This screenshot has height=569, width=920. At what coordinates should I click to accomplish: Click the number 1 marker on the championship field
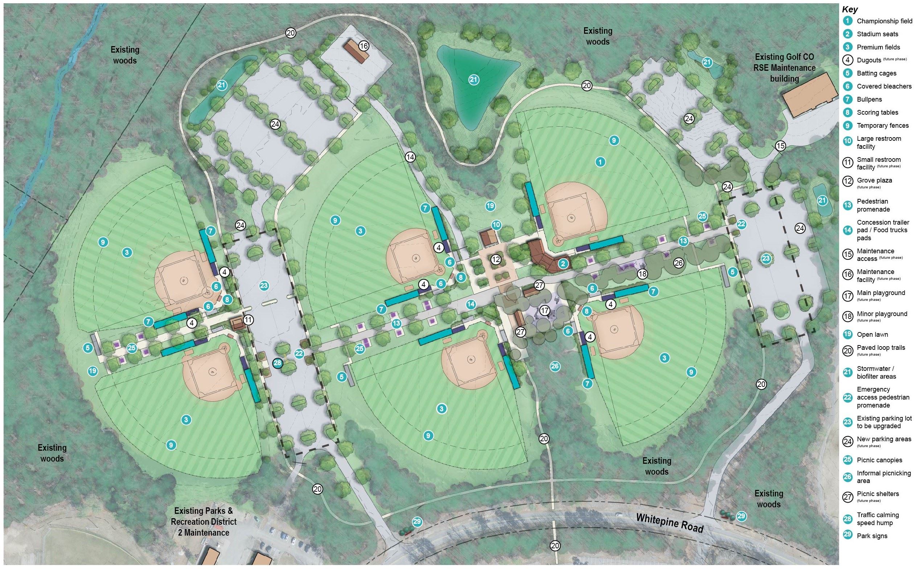click(x=600, y=162)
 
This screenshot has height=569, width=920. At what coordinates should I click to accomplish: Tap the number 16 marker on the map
click(x=364, y=46)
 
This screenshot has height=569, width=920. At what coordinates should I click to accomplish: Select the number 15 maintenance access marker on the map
click(x=780, y=146)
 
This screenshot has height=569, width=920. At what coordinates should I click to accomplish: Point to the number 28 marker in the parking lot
click(x=278, y=363)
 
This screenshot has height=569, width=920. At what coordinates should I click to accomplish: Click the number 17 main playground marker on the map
click(x=545, y=311)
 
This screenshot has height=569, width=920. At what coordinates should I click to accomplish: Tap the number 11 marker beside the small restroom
click(x=248, y=320)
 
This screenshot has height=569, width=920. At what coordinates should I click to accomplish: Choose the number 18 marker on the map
click(x=642, y=274)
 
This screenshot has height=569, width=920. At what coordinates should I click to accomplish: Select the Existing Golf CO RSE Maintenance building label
click(x=785, y=68)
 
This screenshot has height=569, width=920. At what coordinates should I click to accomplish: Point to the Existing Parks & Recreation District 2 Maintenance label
click(x=204, y=521)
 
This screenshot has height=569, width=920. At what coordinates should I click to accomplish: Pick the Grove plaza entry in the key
click(x=874, y=181)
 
